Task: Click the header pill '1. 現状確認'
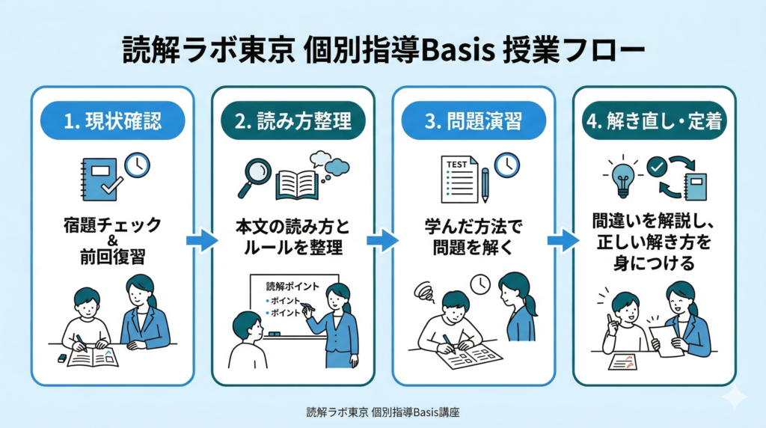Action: [x=112, y=121]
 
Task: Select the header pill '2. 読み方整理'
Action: [x=293, y=121]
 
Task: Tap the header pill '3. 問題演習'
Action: [x=473, y=121]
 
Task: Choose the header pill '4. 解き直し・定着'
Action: [x=654, y=121]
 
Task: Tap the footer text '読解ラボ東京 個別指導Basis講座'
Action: [x=382, y=412]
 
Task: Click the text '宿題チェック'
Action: [x=112, y=224]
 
